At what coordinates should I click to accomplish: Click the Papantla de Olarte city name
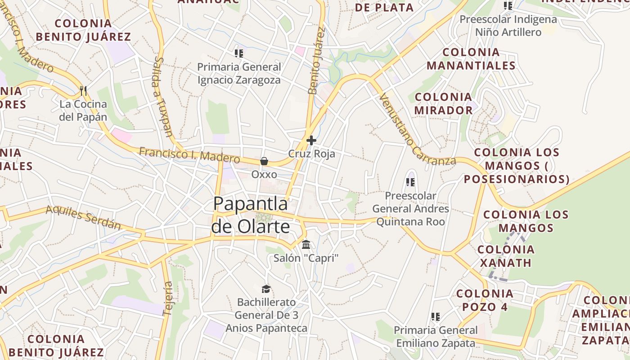coord(251,215)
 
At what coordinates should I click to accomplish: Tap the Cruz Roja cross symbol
coord(311,140)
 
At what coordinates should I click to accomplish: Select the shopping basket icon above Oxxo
coord(264,161)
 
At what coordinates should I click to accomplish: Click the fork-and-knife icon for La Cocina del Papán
coord(83,91)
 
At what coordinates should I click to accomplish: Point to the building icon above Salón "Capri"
coord(306,245)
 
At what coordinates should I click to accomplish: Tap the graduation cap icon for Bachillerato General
coord(266,288)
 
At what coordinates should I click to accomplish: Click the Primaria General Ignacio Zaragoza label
coord(239,73)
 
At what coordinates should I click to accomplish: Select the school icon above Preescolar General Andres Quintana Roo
coord(410,182)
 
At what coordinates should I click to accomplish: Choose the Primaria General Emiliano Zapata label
coord(435,337)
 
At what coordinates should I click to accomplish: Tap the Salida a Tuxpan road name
coord(163,96)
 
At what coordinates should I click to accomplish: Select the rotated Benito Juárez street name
coord(316,61)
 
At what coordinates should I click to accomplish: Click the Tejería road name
coord(168,298)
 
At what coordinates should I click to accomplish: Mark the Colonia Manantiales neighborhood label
coord(471,59)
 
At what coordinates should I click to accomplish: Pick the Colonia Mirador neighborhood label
coord(444,103)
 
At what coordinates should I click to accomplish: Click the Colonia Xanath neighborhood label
coord(506,256)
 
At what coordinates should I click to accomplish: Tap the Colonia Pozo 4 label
coord(485,300)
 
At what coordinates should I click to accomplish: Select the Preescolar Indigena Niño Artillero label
coord(508,26)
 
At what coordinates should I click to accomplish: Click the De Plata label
coord(384,7)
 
